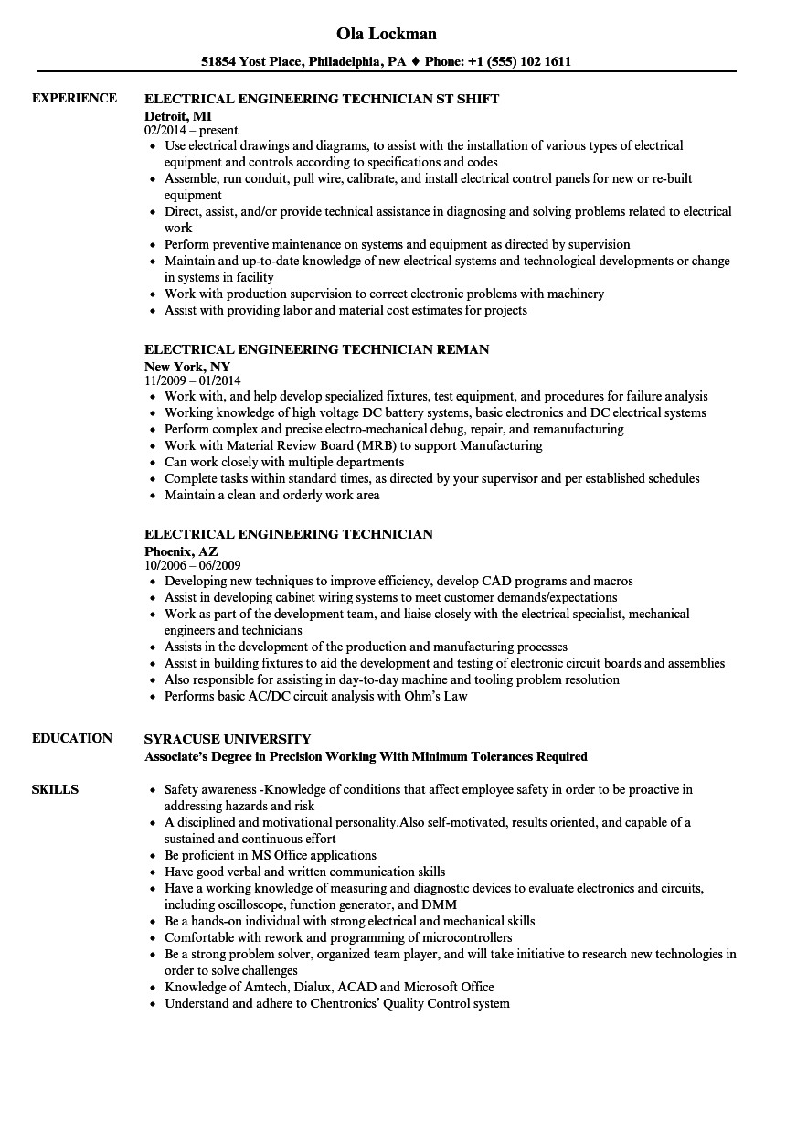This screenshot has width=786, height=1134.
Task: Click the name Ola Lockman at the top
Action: click(387, 34)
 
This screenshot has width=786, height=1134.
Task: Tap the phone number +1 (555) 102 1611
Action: click(514, 62)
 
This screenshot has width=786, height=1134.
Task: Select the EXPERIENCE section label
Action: click(74, 98)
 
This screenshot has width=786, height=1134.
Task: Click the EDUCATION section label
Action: click(72, 738)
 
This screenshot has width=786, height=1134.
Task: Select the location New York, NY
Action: click(186, 366)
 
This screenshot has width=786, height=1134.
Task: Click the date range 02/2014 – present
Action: click(191, 130)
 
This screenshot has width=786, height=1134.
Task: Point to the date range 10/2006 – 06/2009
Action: click(193, 565)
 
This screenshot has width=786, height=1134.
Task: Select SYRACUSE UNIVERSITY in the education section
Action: click(228, 739)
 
